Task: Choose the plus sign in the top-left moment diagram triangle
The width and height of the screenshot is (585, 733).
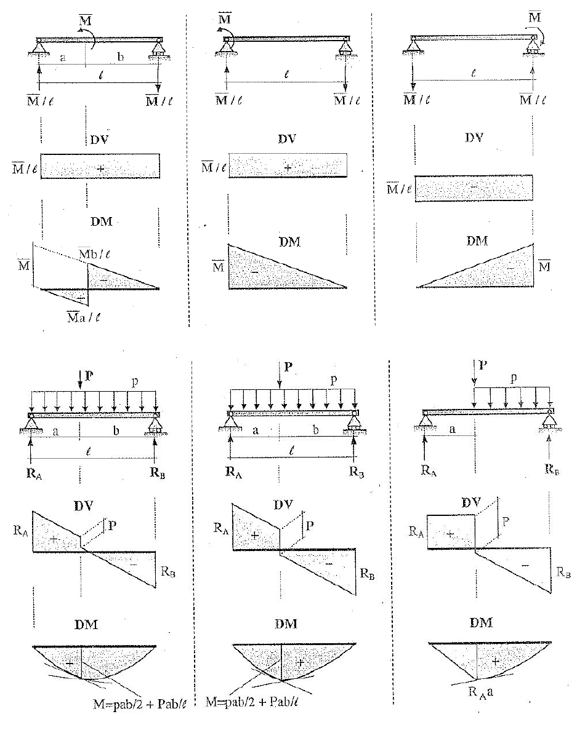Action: [x=80, y=296]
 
